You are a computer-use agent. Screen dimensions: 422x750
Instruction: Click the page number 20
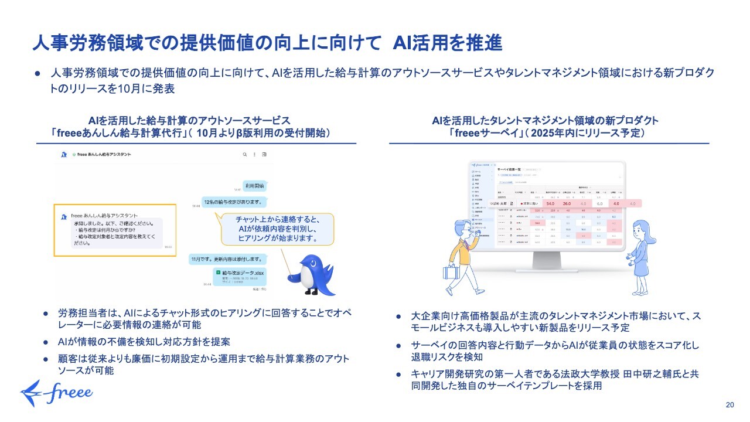coord(729,405)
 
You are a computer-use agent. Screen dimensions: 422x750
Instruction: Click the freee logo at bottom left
coord(56,392)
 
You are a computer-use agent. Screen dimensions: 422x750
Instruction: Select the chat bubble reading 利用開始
coord(254,186)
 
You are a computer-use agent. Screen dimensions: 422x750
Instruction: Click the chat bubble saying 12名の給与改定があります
coord(233,201)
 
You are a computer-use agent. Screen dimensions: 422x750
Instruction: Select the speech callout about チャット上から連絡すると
coord(277,229)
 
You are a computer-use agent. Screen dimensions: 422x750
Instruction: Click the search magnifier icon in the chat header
coord(244,155)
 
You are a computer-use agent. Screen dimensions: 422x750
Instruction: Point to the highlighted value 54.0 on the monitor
coord(550,203)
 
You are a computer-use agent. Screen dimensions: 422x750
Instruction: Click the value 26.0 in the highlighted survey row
coord(566,203)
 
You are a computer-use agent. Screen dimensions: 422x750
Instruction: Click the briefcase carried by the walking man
coord(452,272)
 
